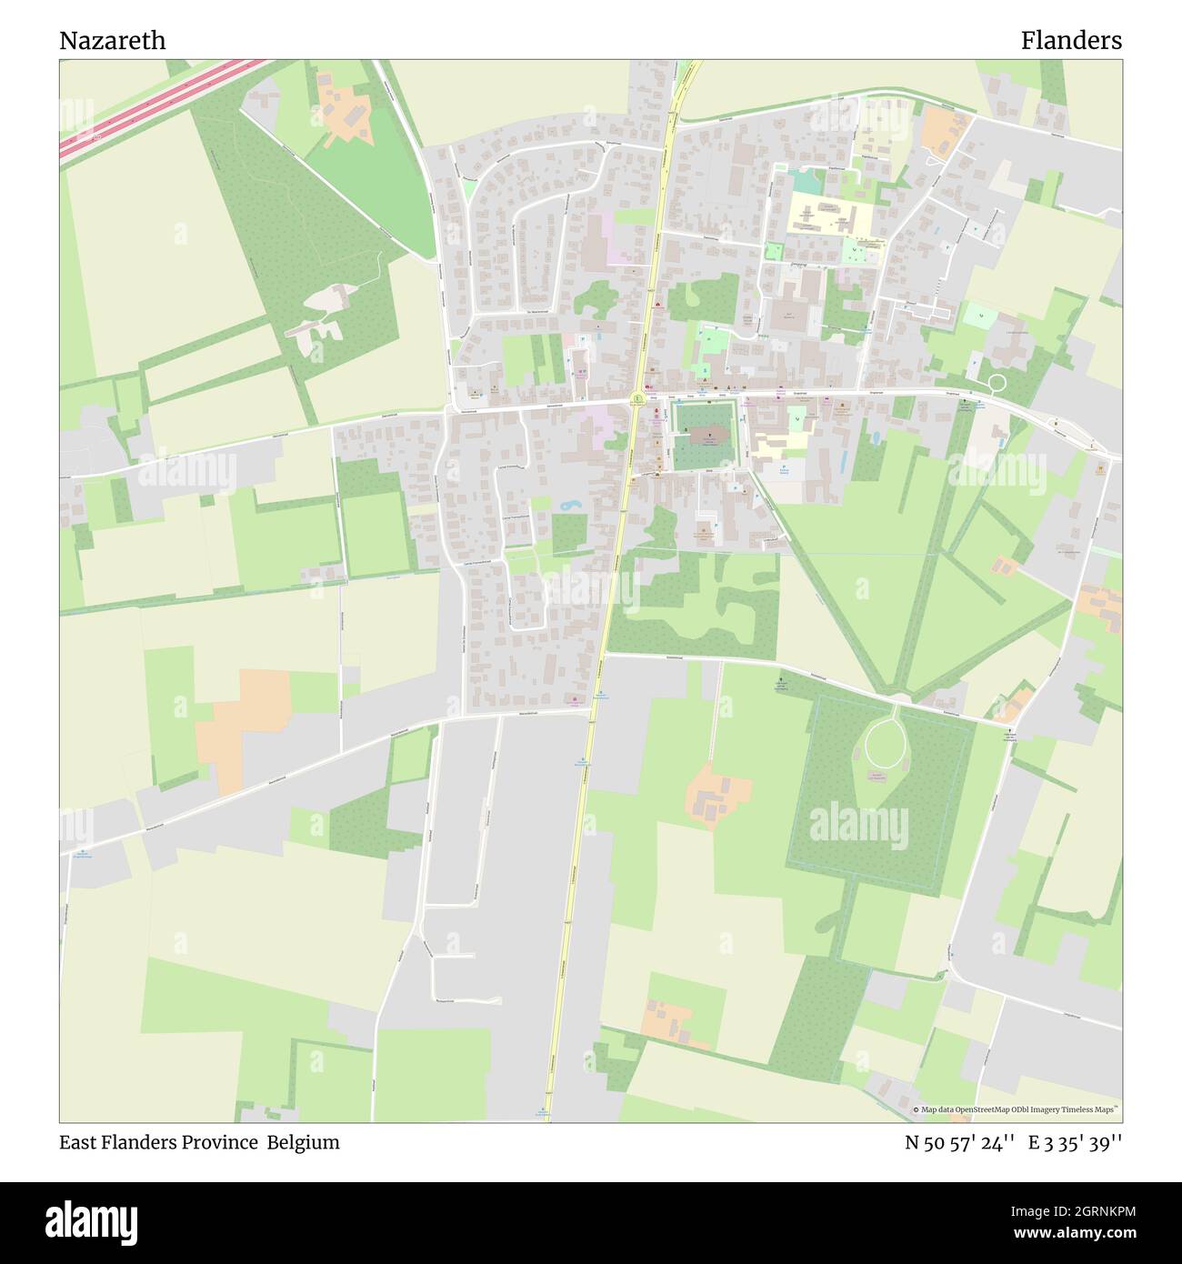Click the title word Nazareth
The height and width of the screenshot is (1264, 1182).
click(113, 41)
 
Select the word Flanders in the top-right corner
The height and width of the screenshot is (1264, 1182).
click(1070, 41)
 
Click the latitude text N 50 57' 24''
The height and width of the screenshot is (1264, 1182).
click(959, 1143)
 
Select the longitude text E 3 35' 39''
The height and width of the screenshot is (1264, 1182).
click(1075, 1143)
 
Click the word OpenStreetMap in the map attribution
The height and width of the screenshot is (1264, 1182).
click(985, 1109)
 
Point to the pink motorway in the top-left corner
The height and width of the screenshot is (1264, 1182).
click(155, 107)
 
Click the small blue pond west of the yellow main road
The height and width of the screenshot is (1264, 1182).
click(570, 503)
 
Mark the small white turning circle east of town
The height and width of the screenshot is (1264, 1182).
click(997, 383)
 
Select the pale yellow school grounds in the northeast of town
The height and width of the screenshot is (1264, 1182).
click(827, 215)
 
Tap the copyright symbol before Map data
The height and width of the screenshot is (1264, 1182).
click(916, 1109)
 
